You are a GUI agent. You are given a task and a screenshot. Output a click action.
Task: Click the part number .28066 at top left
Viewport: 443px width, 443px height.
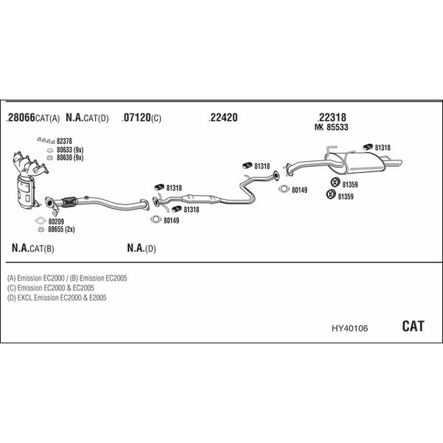(21, 118)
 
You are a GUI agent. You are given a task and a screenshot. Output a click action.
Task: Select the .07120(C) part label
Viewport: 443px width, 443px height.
(141, 118)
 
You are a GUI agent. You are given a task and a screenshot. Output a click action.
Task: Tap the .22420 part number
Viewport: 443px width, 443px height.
(223, 118)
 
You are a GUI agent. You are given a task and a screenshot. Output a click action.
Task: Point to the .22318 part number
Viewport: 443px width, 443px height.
(332, 117)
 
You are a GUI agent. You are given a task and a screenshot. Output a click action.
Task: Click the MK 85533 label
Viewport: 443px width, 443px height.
(332, 128)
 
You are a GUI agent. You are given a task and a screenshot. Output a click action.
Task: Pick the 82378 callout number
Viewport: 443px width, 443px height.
(65, 141)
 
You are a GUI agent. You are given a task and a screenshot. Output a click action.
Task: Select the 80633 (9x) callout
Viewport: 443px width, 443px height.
(69, 150)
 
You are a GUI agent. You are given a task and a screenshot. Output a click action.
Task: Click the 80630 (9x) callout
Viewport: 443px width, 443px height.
(69, 157)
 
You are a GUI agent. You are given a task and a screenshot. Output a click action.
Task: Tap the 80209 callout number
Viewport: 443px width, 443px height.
(56, 221)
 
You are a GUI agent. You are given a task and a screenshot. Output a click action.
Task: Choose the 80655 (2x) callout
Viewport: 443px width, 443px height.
(61, 229)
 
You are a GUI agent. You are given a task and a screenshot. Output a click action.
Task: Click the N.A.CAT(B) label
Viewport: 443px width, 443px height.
(33, 248)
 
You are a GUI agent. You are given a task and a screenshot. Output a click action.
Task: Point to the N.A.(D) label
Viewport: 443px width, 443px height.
(141, 248)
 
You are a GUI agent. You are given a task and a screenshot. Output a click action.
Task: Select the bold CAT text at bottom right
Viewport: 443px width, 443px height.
(413, 326)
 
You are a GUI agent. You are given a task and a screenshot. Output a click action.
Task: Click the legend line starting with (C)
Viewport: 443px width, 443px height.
(50, 288)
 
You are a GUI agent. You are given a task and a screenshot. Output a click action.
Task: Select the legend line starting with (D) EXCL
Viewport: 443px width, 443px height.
(57, 298)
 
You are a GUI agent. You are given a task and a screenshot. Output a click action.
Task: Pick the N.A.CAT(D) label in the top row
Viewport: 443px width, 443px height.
(87, 118)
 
